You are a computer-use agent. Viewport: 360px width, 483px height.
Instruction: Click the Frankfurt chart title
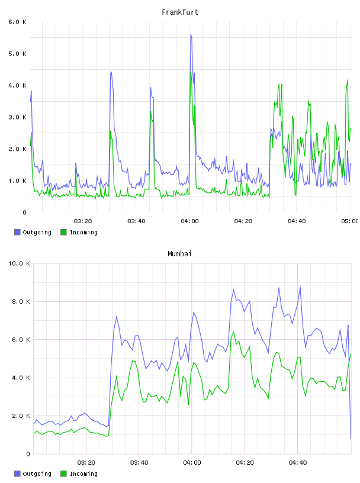180,12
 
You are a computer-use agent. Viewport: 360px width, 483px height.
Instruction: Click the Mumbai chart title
179,253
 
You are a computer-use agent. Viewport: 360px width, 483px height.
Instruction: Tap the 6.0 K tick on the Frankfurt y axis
17,22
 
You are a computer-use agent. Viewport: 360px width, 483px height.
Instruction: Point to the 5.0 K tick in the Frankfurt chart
17,54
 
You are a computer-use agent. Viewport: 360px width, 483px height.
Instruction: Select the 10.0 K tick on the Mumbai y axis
19,263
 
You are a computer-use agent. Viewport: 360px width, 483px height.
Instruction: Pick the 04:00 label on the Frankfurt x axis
189,221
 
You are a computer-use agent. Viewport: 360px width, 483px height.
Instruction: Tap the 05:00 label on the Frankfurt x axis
350,221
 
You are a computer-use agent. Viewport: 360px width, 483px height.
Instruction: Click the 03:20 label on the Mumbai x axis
86,462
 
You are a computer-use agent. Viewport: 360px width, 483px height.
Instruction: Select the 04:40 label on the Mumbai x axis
298,462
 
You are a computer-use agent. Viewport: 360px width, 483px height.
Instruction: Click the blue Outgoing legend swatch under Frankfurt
17,232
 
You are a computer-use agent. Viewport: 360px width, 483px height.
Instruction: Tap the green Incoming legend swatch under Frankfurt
63,232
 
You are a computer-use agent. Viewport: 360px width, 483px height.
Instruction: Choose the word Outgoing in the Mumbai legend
37,474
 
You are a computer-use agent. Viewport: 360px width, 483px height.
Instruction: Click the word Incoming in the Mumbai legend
83,474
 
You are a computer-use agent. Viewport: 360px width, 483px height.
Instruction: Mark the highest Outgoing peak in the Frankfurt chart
191,34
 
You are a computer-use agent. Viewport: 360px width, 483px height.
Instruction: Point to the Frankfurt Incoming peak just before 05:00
348,79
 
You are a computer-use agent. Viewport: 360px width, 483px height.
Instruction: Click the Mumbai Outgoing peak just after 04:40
300,286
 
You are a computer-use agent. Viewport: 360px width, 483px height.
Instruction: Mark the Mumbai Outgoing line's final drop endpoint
351,439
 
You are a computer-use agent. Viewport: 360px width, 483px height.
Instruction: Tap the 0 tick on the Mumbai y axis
28,454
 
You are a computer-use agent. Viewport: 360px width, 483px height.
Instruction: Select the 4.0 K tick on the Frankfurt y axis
17,85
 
